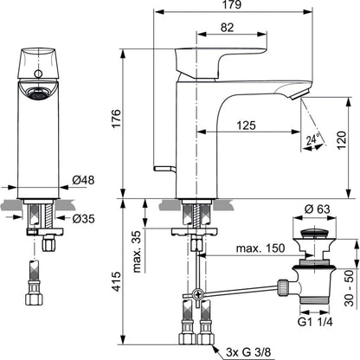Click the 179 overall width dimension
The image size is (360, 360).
click(x=233, y=5)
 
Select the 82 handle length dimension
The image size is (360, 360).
click(x=227, y=28)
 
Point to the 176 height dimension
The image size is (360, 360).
click(x=116, y=119)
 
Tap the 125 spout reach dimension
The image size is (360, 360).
click(x=246, y=125)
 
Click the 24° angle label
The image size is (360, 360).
click(x=313, y=139)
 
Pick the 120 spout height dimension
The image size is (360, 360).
click(x=342, y=140)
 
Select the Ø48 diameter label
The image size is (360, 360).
click(x=83, y=180)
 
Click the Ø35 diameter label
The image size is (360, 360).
click(x=83, y=219)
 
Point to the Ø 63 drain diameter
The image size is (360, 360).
click(x=317, y=209)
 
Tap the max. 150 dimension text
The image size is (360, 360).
click(x=260, y=247)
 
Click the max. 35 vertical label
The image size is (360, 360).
click(x=137, y=251)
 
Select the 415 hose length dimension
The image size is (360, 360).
click(x=116, y=281)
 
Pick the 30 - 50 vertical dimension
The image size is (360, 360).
click(x=349, y=288)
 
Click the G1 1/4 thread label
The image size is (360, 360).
click(x=315, y=322)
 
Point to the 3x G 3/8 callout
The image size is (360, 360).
click(x=248, y=352)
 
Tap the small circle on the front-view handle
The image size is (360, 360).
click(x=38, y=74)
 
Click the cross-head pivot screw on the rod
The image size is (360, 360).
click(x=198, y=294)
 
